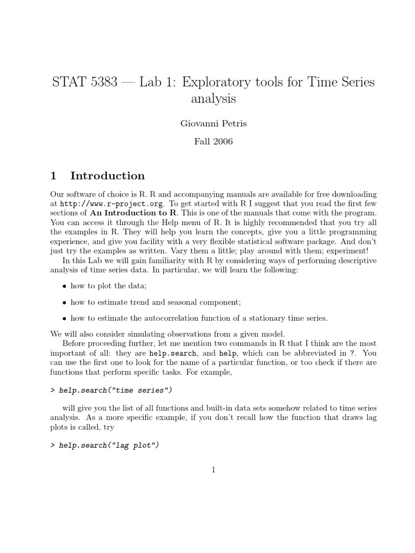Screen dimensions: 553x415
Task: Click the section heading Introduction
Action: pyautogui.click(x=108, y=176)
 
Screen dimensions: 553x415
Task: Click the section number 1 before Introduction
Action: pyautogui.click(x=53, y=176)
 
